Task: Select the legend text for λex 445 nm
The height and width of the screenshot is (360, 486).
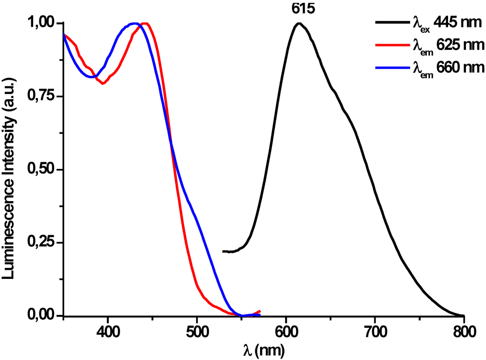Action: tap(446, 22)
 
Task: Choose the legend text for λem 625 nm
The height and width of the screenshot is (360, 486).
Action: tap(446, 46)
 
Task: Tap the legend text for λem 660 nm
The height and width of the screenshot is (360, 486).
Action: tap(446, 68)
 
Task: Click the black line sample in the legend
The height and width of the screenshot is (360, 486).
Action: tap(390, 22)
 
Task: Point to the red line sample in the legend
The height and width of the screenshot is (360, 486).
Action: tap(390, 46)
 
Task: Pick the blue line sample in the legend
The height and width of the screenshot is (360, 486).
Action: tap(390, 68)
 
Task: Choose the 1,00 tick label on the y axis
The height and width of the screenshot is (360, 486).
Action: tap(41, 24)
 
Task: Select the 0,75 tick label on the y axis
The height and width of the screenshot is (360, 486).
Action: tap(41, 97)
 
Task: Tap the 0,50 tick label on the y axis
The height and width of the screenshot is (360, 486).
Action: tap(41, 170)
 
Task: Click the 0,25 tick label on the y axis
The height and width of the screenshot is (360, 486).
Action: tap(41, 243)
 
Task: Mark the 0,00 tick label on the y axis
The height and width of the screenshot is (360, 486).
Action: tap(41, 316)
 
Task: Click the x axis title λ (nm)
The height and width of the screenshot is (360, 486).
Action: tap(263, 351)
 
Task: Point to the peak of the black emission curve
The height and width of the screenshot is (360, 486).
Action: tap(299, 23)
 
